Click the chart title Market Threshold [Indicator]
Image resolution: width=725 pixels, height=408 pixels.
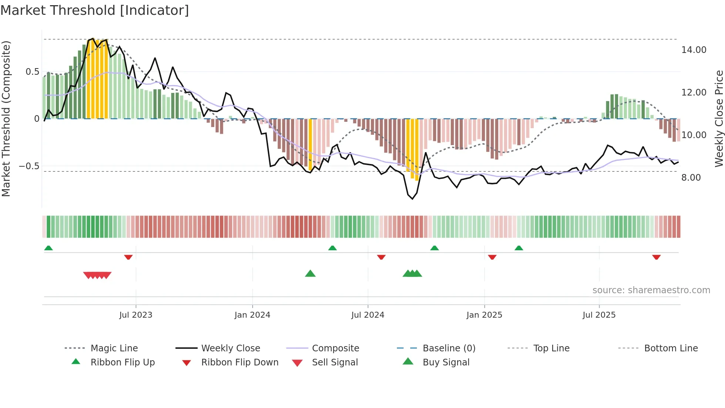[x=95, y=10]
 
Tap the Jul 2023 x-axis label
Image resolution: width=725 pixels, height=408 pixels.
[x=135, y=315]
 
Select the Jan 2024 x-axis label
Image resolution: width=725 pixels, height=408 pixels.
[x=252, y=315]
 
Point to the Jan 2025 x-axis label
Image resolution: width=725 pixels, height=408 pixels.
[x=484, y=315]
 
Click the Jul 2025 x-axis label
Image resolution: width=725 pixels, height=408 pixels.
[x=599, y=315]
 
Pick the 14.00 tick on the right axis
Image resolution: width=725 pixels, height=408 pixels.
[x=694, y=50]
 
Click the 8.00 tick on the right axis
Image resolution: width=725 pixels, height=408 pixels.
[x=691, y=178]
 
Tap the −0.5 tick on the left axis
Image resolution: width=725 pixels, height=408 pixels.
[x=29, y=166]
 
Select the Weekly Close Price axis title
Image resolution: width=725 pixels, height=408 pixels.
[x=719, y=118]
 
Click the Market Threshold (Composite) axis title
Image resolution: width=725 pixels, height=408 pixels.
[x=6, y=118]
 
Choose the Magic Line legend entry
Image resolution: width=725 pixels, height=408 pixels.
[x=114, y=348]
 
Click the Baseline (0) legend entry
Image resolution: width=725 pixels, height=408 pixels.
[x=449, y=348]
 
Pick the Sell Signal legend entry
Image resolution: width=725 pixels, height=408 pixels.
[x=334, y=362]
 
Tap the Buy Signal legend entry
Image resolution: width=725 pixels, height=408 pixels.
[x=446, y=362]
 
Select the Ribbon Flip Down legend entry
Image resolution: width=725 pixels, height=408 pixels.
[x=239, y=362]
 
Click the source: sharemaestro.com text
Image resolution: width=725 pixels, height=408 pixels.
[x=651, y=290]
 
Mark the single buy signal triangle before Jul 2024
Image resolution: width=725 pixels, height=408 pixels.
[x=310, y=274]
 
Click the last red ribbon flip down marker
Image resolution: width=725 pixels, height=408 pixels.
[x=656, y=257]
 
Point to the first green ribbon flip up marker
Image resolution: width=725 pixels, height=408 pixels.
[x=48, y=248]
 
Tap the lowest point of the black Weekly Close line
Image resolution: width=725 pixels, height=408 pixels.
[x=412, y=199]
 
